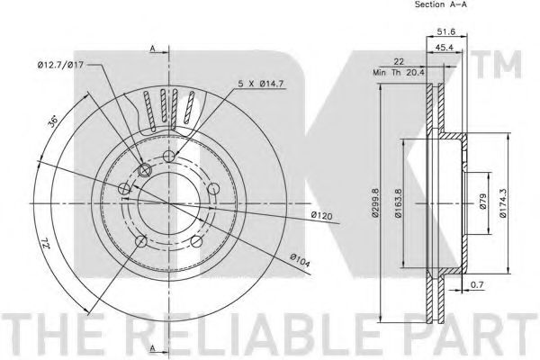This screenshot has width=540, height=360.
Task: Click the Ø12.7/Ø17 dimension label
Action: [60, 65]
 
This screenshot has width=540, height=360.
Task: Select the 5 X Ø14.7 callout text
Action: [261, 84]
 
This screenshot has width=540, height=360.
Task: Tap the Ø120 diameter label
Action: [321, 216]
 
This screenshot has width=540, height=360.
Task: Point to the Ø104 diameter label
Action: [300, 260]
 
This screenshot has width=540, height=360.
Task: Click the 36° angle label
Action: [53, 122]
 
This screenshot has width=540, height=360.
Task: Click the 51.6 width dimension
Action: [446, 31]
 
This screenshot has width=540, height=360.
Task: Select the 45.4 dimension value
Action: [444, 48]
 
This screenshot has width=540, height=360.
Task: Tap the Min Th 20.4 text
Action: [399, 73]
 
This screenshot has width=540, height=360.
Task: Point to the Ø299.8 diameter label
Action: [375, 202]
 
